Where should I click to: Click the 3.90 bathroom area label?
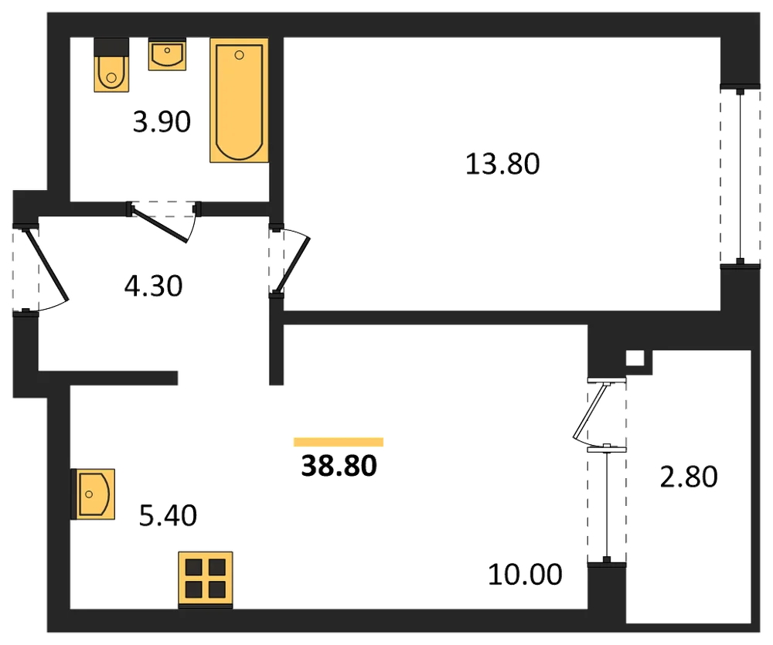(x=162, y=122)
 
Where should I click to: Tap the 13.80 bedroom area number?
(x=502, y=164)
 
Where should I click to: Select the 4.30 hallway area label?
(x=153, y=286)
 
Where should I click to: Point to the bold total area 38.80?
(x=339, y=466)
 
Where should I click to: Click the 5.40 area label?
(x=168, y=515)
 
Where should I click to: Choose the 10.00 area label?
(x=525, y=575)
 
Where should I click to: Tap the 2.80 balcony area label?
(x=689, y=477)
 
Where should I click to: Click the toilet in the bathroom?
(x=111, y=65)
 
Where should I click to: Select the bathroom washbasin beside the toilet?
(x=167, y=55)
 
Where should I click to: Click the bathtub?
(x=239, y=100)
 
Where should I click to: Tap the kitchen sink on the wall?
(x=94, y=494)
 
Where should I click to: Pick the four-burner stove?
(x=206, y=579)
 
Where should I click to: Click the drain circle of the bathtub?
(x=239, y=55)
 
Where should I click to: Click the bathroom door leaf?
(x=158, y=226)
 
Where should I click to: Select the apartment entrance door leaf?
(x=46, y=264)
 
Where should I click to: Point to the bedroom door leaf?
(x=293, y=266)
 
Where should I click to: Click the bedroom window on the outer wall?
(x=740, y=176)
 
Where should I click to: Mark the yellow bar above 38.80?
(x=339, y=442)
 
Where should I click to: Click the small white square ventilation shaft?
(x=635, y=358)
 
